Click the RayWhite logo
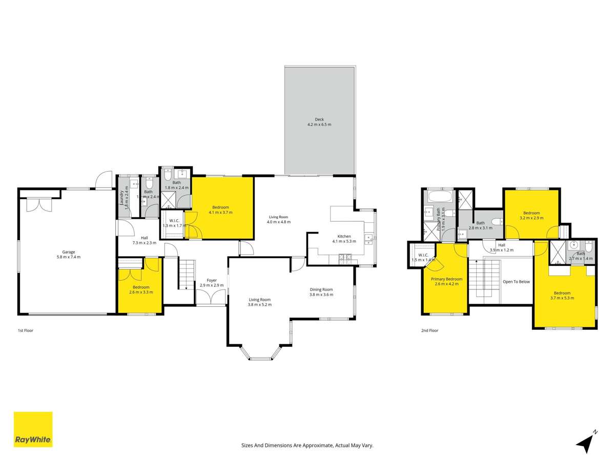point(33,429)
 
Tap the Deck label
point(319,119)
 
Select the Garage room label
point(69,252)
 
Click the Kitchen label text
point(341,236)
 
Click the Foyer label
point(211,280)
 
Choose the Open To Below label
point(516,282)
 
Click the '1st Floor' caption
point(25,331)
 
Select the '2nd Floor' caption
point(429,331)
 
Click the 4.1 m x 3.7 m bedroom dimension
point(220,212)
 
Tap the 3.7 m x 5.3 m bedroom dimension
point(562,298)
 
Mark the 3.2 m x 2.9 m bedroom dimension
point(531,218)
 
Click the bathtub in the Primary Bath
point(439,196)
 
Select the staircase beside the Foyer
point(187,274)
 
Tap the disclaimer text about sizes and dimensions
point(307,446)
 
